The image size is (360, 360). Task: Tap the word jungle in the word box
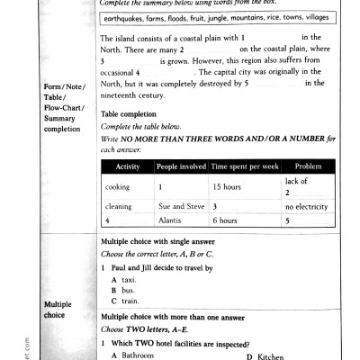(x=211, y=17)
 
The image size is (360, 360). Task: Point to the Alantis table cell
(x=170, y=220)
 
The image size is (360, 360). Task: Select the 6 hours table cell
(x=225, y=220)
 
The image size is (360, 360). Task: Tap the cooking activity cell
(x=118, y=187)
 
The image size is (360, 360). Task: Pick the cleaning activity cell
(x=119, y=206)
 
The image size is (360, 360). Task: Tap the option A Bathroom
(x=135, y=355)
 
